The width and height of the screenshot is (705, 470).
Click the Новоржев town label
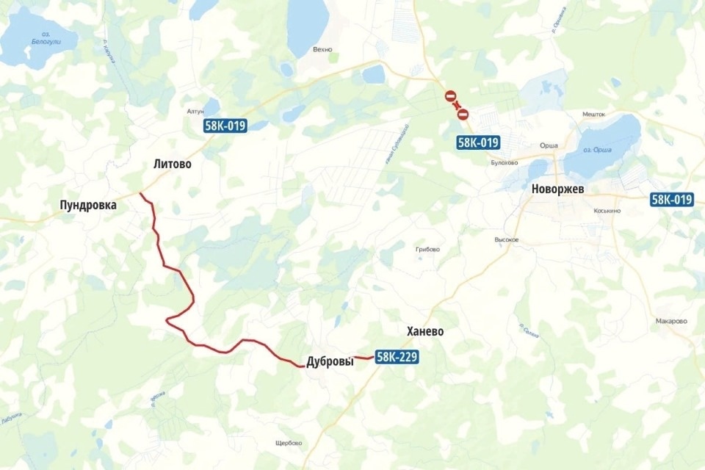(557, 189)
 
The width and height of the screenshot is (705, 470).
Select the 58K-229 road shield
(397, 358)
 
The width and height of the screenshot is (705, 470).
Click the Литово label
(172, 164)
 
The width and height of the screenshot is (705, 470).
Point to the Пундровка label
(88, 206)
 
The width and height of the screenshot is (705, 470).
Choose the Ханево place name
(425, 332)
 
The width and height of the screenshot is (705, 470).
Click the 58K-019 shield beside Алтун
(225, 126)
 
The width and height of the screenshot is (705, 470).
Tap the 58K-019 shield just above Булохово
(478, 142)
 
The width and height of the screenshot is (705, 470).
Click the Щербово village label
(287, 443)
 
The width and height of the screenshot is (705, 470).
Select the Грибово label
(427, 250)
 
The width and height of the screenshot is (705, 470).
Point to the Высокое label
(507, 240)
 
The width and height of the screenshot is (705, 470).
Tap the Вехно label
(322, 50)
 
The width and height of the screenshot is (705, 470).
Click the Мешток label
(593, 115)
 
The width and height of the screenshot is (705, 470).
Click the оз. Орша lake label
(598, 151)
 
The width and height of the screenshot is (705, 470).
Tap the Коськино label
(607, 211)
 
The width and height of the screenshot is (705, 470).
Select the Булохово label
(505, 163)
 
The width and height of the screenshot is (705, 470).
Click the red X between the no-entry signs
(456, 104)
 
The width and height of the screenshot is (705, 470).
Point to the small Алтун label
(195, 112)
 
